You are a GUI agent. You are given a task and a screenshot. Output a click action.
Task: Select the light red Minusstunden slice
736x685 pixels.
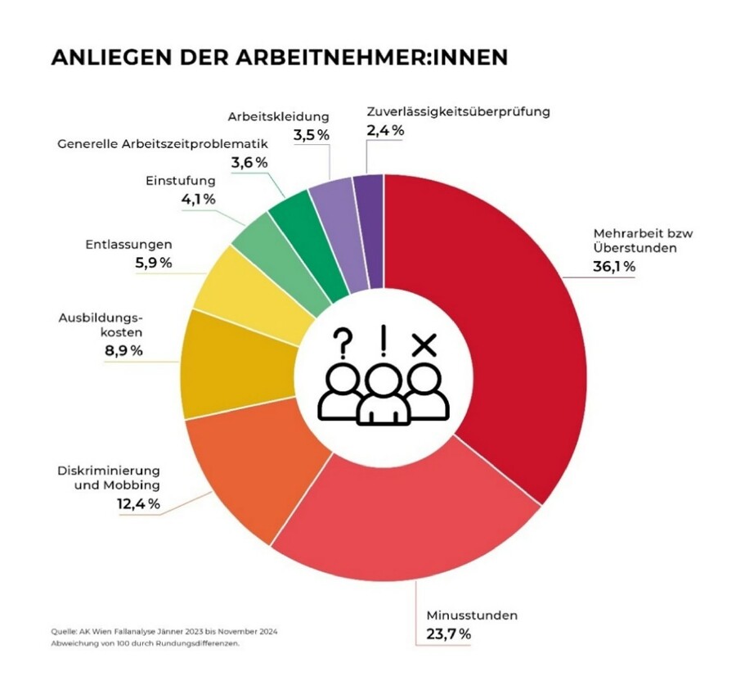point(401,524)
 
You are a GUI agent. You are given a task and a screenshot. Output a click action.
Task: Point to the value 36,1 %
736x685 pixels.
point(614,267)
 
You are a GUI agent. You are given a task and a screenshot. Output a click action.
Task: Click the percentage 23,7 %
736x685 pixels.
point(449,633)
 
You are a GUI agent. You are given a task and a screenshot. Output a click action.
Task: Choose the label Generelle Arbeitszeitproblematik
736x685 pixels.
point(163,144)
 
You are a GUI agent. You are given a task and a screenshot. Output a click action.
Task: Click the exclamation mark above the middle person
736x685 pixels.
point(382,338)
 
